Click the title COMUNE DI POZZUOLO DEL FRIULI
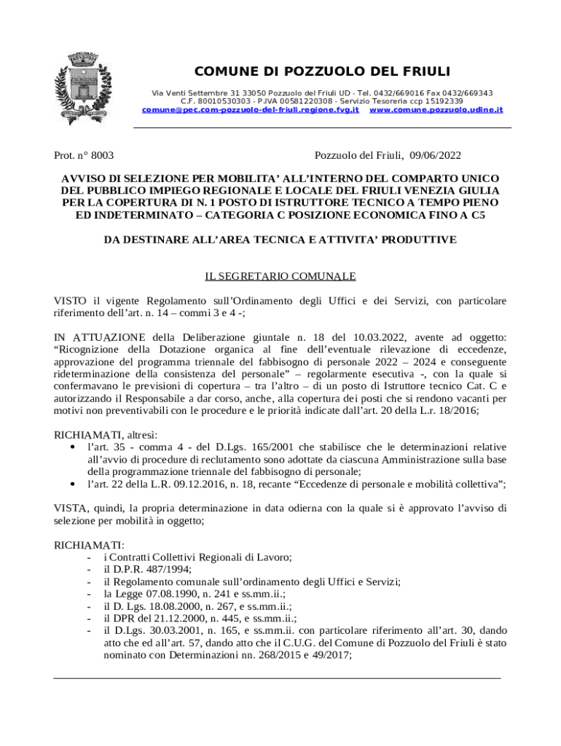click(321, 71)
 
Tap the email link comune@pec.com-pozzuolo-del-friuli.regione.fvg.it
click(250, 109)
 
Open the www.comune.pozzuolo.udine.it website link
click(436, 109)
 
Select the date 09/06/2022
click(435, 155)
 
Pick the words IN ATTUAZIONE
click(100, 337)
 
